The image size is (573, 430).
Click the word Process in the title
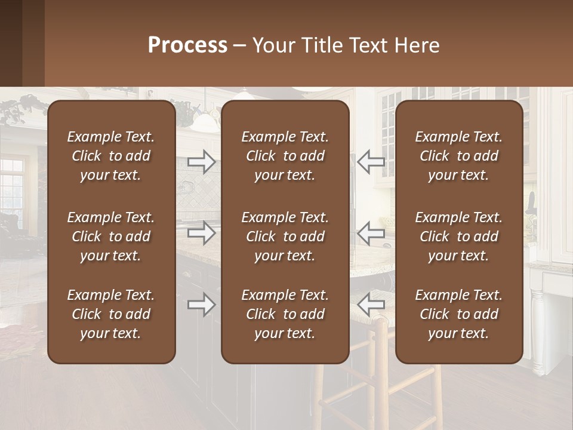click(x=187, y=45)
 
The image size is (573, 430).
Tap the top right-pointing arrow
click(x=202, y=162)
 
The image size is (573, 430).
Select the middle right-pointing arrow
click(x=202, y=233)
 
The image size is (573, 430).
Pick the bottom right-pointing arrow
click(x=202, y=305)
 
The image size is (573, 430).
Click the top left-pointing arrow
click(x=371, y=162)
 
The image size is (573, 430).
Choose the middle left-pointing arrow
click(x=371, y=233)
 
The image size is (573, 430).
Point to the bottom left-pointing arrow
click(x=371, y=305)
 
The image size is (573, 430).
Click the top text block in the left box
click(x=111, y=156)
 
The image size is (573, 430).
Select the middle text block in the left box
click(x=111, y=236)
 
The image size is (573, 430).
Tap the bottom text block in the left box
click(x=111, y=314)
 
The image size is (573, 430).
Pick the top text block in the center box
click(x=285, y=156)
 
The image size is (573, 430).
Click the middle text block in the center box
click(x=285, y=236)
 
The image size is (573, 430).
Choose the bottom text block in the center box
click(x=285, y=314)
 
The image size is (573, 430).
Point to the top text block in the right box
click(x=459, y=156)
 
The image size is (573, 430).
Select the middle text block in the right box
click(x=459, y=236)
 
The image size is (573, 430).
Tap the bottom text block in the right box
click(x=459, y=314)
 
